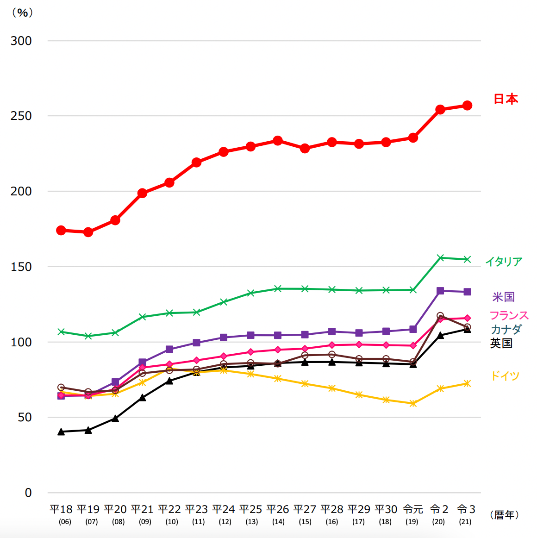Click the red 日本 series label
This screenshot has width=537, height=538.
tap(506, 99)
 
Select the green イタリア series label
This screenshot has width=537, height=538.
tap(504, 262)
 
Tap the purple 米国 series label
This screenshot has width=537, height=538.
tap(503, 297)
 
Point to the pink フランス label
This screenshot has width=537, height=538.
tap(509, 315)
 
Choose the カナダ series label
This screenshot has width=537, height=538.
tap(506, 329)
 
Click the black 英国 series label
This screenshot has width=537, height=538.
tap(501, 343)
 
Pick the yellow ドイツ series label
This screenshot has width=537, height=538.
tap(505, 375)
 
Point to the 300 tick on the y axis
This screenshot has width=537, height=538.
tap(21, 41)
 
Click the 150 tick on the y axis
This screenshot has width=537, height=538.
tap(21, 267)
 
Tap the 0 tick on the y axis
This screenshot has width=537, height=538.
tap(28, 493)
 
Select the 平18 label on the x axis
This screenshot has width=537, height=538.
tap(61, 509)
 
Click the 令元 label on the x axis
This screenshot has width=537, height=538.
tap(412, 509)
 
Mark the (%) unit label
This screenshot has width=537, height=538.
tap(22, 13)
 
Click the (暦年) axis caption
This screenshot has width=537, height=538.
tap(505, 515)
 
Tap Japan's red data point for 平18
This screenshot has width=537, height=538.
tap(61, 230)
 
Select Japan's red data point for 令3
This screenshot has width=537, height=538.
tap(467, 106)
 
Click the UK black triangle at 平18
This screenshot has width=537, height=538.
tap(61, 432)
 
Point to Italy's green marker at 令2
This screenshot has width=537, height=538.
tap(440, 257)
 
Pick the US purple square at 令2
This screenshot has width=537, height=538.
tap(440, 291)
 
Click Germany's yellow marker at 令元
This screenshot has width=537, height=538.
tap(413, 403)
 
